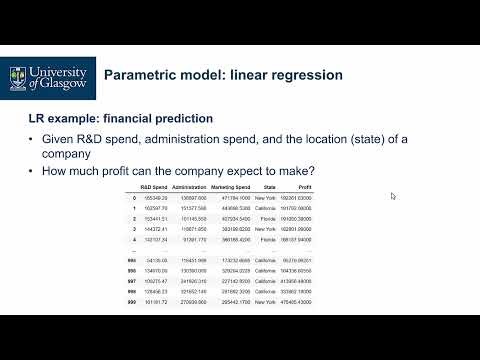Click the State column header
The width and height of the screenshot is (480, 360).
(x=268, y=187)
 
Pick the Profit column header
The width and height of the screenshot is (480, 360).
(x=302, y=187)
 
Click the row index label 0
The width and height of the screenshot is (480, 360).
(x=133, y=198)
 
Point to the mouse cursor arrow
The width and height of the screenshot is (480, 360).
(x=393, y=196)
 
